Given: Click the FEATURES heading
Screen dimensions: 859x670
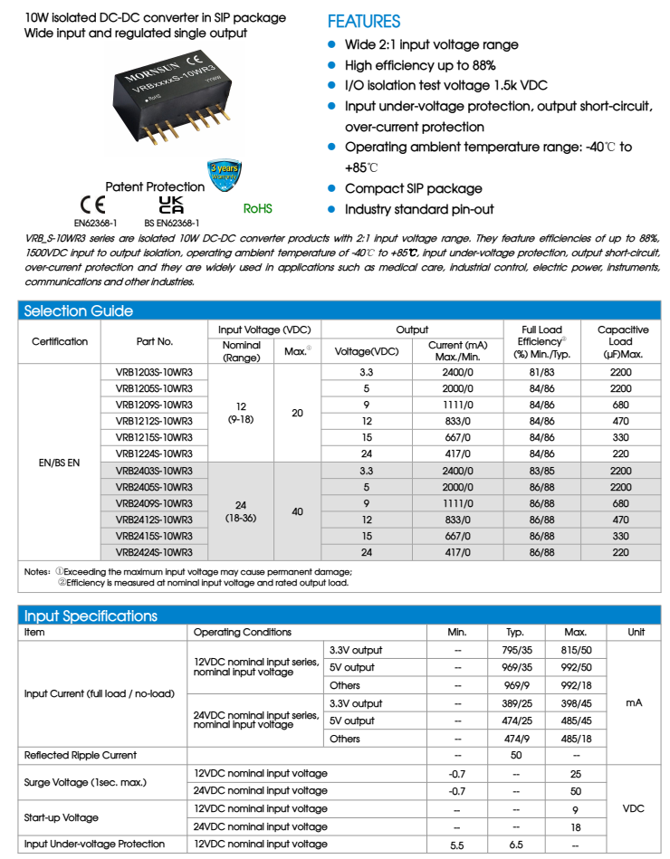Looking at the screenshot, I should click(363, 22).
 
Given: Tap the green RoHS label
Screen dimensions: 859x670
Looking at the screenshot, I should click(258, 208).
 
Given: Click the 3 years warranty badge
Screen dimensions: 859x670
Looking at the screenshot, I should click(225, 174).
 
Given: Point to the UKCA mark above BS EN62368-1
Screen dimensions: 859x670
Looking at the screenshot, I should click(171, 204).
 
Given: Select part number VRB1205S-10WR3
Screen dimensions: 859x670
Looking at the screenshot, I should click(154, 388).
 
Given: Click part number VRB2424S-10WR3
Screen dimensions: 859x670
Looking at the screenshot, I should click(154, 552).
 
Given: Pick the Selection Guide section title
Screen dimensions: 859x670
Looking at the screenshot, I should click(78, 310).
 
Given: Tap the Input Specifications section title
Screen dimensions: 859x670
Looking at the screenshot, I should click(91, 616).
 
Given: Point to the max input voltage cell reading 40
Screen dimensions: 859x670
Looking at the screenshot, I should click(297, 511).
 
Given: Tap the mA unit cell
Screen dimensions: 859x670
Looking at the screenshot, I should click(634, 702).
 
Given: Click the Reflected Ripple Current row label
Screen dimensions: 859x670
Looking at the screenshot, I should click(81, 755).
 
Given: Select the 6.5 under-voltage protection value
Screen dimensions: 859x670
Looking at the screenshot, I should click(516, 844).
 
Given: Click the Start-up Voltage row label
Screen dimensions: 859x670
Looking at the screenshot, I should click(62, 817).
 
